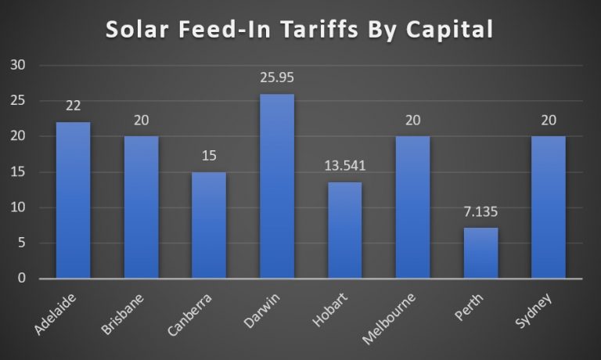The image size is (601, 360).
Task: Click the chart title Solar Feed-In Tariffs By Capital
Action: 300,29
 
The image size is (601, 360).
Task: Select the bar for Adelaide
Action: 73,200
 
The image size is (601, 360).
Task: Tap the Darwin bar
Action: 277,186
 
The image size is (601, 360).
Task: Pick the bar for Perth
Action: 480,253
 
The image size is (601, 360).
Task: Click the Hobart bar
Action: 344,230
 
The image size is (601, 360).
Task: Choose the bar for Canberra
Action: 209,225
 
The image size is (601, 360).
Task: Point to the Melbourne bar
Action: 412,207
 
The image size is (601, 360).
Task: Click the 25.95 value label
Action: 277,78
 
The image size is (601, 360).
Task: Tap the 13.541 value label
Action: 344,166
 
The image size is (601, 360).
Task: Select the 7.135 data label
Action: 480,211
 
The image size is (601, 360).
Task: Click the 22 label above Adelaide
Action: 73,106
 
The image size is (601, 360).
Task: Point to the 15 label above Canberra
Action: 209,156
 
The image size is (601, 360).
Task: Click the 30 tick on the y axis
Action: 17,65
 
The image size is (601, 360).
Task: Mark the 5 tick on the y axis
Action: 22,243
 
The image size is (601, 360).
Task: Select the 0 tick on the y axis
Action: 22,279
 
